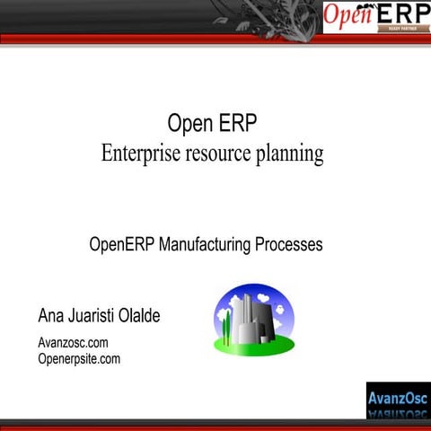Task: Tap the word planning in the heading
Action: click(290, 154)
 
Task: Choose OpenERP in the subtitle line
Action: click(122, 244)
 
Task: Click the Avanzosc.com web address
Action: click(73, 343)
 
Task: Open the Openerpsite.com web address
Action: click(79, 359)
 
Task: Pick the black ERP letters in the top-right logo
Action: click(400, 15)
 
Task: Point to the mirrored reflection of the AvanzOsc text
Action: click(398, 413)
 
